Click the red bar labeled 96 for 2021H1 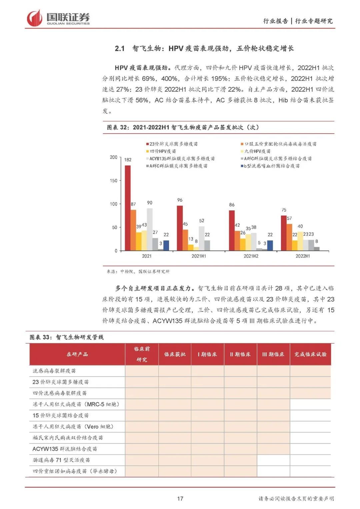click(x=180, y=228)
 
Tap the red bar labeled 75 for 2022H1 click(x=284, y=233)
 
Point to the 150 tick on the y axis click(x=114, y=181)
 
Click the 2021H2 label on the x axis click(x=251, y=256)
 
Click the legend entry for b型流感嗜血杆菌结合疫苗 click(x=271, y=166)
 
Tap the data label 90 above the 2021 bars click(x=150, y=203)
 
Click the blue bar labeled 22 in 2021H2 click(x=270, y=245)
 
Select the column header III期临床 click(x=273, y=354)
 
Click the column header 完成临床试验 click(x=310, y=354)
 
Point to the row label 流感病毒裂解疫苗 click(x=54, y=371)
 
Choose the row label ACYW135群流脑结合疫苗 click(x=65, y=449)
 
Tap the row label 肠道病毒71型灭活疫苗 click(x=61, y=460)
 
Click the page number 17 click(x=180, y=499)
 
